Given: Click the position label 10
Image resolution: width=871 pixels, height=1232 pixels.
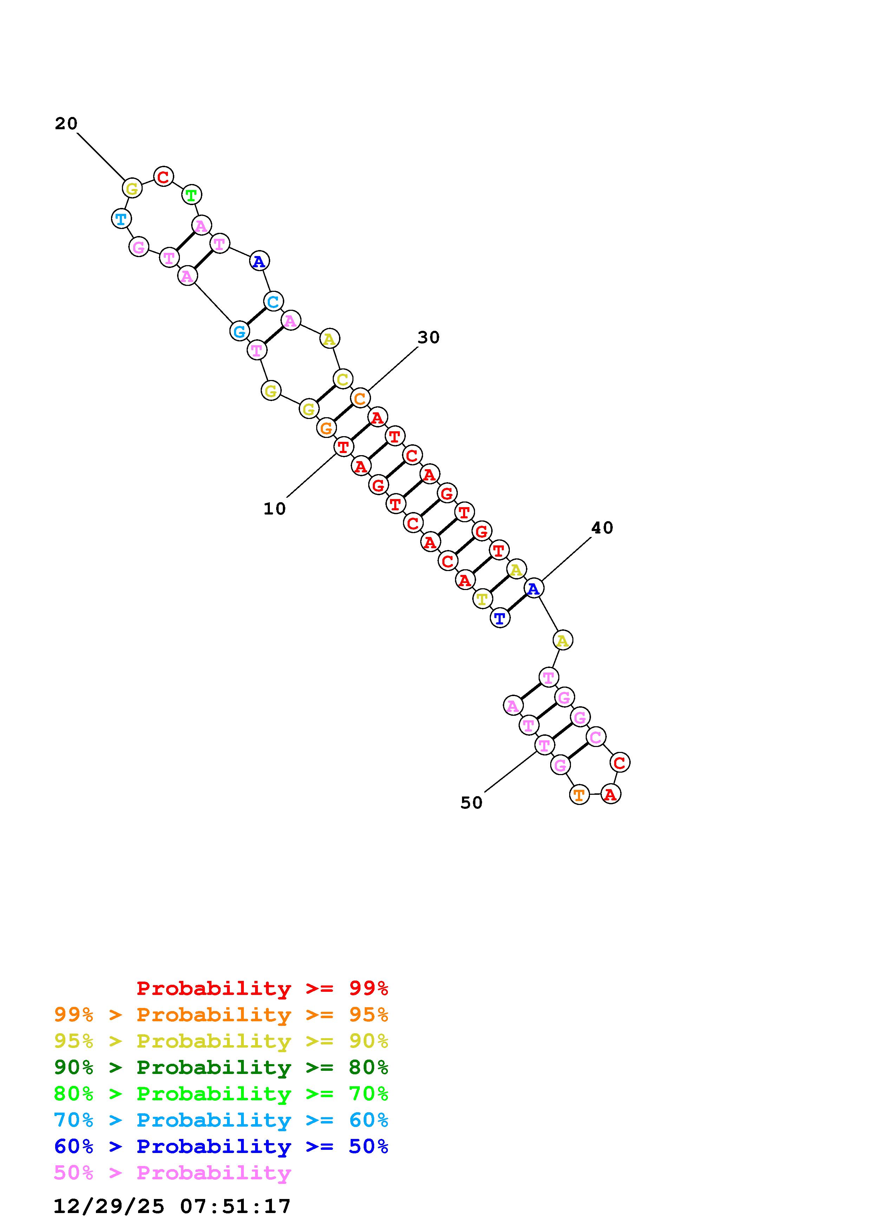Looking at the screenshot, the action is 274,509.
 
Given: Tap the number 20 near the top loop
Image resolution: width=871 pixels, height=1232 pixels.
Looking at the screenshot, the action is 66,124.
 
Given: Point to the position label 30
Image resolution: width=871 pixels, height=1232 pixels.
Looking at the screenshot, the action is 428,338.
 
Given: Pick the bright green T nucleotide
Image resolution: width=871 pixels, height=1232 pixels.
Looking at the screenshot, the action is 191,195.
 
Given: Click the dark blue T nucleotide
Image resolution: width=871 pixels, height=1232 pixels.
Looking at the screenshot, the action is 500,618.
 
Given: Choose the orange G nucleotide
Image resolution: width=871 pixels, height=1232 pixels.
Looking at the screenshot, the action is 326,428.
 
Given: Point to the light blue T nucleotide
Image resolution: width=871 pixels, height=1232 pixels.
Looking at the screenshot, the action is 121,219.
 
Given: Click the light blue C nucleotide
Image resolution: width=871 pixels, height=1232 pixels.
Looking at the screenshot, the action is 273,302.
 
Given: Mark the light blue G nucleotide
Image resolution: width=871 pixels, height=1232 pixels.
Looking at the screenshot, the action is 239,331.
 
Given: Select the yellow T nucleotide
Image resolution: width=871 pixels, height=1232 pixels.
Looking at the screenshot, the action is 482,599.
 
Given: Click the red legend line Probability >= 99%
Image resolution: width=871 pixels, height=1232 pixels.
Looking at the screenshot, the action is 262,988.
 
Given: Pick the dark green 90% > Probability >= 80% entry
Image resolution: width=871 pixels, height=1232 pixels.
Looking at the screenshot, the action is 221,1067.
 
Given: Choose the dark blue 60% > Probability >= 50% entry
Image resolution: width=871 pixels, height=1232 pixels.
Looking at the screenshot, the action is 221,1146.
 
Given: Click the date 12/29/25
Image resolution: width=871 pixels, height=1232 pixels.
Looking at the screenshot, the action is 109,1206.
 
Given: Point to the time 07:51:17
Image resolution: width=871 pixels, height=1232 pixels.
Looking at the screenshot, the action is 236,1206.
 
